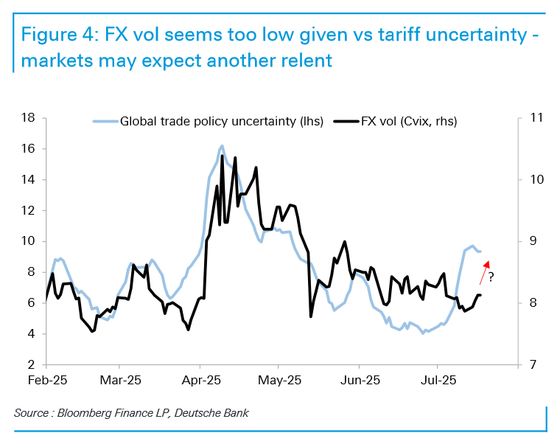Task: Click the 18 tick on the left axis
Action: pyautogui.click(x=29, y=118)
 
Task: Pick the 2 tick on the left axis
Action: pyautogui.click(x=32, y=364)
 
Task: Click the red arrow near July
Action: pyautogui.click(x=483, y=269)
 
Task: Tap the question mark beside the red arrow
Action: pyautogui.click(x=491, y=277)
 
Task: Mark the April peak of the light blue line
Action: pyautogui.click(x=222, y=146)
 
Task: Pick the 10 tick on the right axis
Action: pyautogui.click(x=536, y=179)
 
